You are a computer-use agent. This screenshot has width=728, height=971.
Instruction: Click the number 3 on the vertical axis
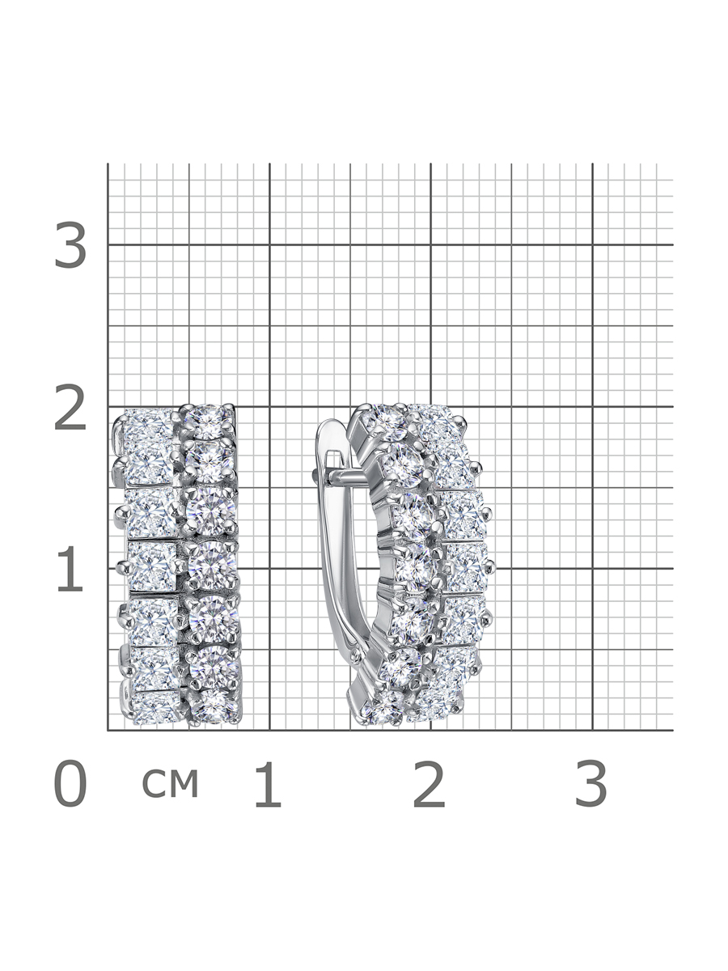(x=70, y=244)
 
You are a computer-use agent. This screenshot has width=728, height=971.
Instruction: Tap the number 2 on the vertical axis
(x=70, y=407)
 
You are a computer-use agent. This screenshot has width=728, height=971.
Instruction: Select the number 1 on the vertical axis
(x=70, y=569)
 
